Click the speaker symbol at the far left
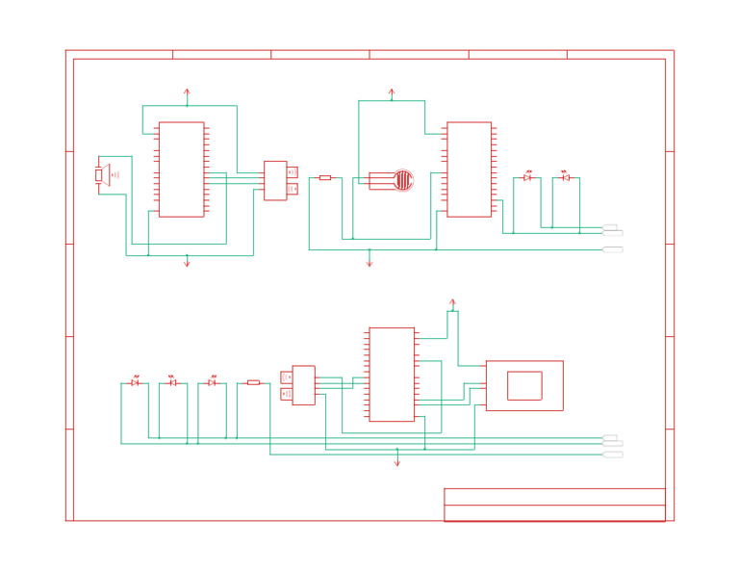point(101,175)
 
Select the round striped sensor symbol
point(403,180)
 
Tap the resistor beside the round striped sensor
point(325,178)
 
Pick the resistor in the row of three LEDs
point(253,382)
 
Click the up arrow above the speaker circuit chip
point(187,94)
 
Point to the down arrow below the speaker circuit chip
point(187,261)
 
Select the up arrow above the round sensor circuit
point(392,93)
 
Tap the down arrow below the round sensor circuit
point(369,261)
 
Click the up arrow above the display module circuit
point(452,304)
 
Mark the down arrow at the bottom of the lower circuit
point(397,461)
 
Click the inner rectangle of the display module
point(524,385)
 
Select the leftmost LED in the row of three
point(135,382)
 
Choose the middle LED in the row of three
point(173,382)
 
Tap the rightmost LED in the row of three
point(212,382)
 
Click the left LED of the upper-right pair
point(527,177)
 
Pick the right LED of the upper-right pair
point(566,177)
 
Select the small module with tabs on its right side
point(276,180)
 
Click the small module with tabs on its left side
point(302,385)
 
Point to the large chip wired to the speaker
point(182,169)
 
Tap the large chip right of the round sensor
point(470,169)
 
